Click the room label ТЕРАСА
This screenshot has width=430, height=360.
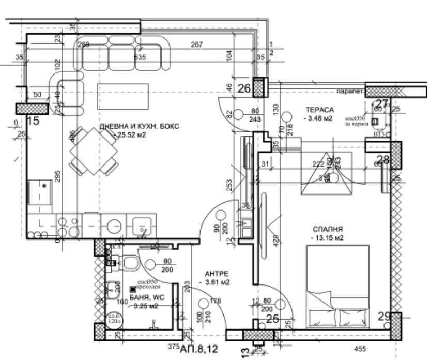[x=320, y=110]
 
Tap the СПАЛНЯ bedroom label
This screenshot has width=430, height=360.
[x=328, y=229]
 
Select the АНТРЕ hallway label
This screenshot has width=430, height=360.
[x=216, y=274]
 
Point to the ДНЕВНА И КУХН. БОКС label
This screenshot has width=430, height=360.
[x=139, y=127]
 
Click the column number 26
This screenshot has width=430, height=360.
[x=243, y=88]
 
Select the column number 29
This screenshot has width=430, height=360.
[x=383, y=317]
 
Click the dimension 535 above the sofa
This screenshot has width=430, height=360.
[x=140, y=57]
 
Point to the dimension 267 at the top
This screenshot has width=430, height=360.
[x=196, y=45]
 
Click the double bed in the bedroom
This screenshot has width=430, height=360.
[x=337, y=285]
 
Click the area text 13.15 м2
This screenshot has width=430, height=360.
[x=328, y=238]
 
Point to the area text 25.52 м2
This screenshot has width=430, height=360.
[x=130, y=136]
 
